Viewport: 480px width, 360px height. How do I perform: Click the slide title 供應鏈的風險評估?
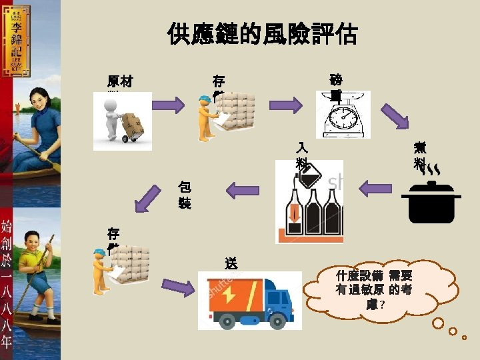263,34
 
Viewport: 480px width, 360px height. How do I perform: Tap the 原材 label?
120,82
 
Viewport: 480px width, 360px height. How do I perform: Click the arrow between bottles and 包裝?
243,190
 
